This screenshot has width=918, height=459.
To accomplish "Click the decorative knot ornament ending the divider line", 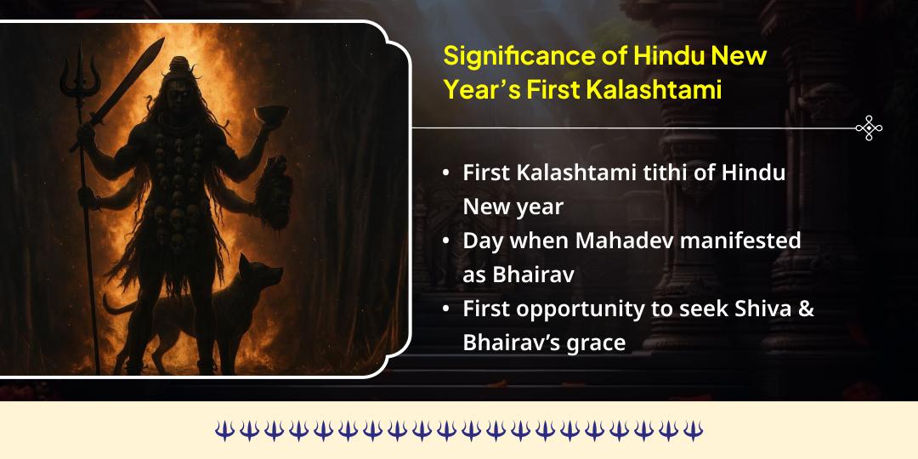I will (869, 128).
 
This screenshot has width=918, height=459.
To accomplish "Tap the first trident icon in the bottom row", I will (224, 430).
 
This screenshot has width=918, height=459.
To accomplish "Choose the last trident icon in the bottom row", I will (694, 430).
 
